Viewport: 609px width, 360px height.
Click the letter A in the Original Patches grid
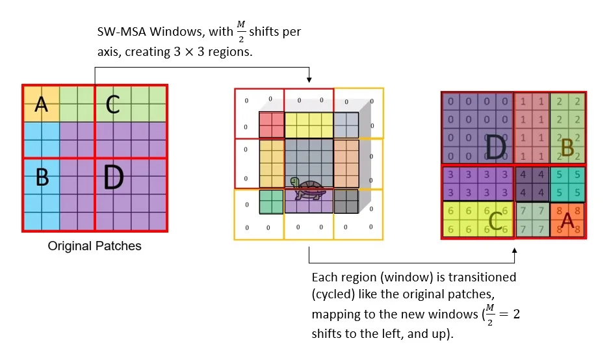click(41, 104)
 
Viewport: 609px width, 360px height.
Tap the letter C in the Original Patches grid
click(113, 104)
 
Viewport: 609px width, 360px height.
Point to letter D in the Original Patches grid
click(113, 177)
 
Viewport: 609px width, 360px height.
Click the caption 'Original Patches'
click(94, 246)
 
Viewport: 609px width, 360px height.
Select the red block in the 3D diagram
click(272, 124)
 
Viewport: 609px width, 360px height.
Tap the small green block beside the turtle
click(272, 201)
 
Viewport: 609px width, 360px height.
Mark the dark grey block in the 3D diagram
click(346, 201)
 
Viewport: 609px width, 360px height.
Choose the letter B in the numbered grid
click(567, 149)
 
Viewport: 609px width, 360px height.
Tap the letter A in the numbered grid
click(567, 221)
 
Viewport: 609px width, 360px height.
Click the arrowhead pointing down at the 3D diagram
click(309, 79)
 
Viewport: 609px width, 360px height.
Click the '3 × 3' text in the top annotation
click(187, 52)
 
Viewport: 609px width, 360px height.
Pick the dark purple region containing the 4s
click(532, 185)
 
